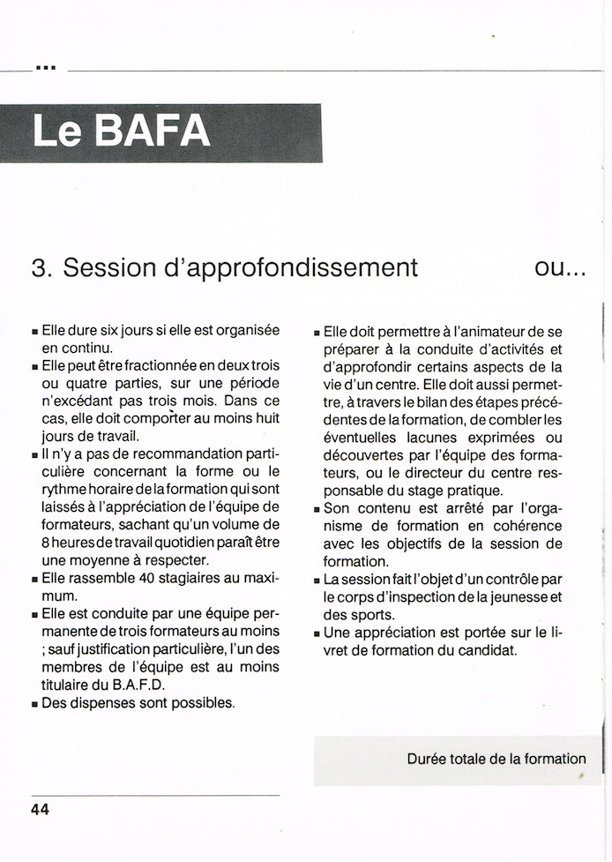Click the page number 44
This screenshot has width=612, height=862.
click(40, 810)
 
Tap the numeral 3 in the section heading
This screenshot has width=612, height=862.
click(38, 267)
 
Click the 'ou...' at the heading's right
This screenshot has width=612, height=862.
click(560, 267)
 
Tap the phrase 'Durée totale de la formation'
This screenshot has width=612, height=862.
click(496, 759)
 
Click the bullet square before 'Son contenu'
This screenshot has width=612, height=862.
click(317, 509)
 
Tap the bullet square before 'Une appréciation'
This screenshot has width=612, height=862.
click(317, 633)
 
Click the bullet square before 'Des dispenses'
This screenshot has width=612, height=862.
click(34, 704)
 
